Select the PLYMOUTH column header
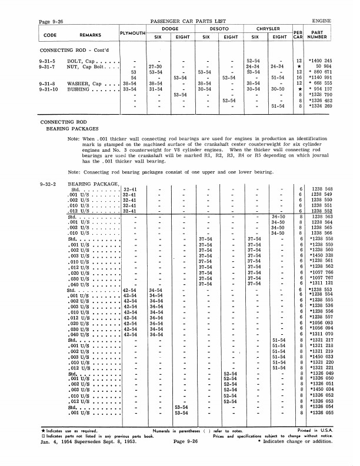[132, 34]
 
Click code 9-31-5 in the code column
[48, 61]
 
